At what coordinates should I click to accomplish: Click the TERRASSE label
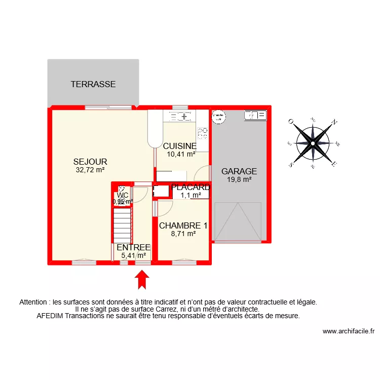click(93, 84)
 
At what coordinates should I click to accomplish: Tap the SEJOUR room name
click(90, 162)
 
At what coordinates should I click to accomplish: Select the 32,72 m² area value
click(90, 170)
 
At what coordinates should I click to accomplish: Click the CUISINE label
click(179, 146)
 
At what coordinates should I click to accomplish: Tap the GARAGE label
click(239, 171)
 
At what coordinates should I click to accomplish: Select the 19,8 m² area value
click(239, 179)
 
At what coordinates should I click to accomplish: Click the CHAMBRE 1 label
click(183, 225)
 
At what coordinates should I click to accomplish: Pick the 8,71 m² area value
click(183, 234)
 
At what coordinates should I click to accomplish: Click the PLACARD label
click(191, 187)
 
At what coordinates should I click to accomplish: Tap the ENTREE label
click(133, 247)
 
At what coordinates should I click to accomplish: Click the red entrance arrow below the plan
click(142, 279)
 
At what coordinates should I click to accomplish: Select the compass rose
click(313, 143)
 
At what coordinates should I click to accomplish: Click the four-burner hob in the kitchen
click(203, 133)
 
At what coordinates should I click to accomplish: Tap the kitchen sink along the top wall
click(180, 117)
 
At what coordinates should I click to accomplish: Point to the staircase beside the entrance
click(122, 226)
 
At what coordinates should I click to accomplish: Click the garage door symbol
click(238, 221)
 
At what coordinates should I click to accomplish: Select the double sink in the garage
click(255, 116)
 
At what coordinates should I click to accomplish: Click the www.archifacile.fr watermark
click(348, 332)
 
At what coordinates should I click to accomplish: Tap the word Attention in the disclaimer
click(34, 302)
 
